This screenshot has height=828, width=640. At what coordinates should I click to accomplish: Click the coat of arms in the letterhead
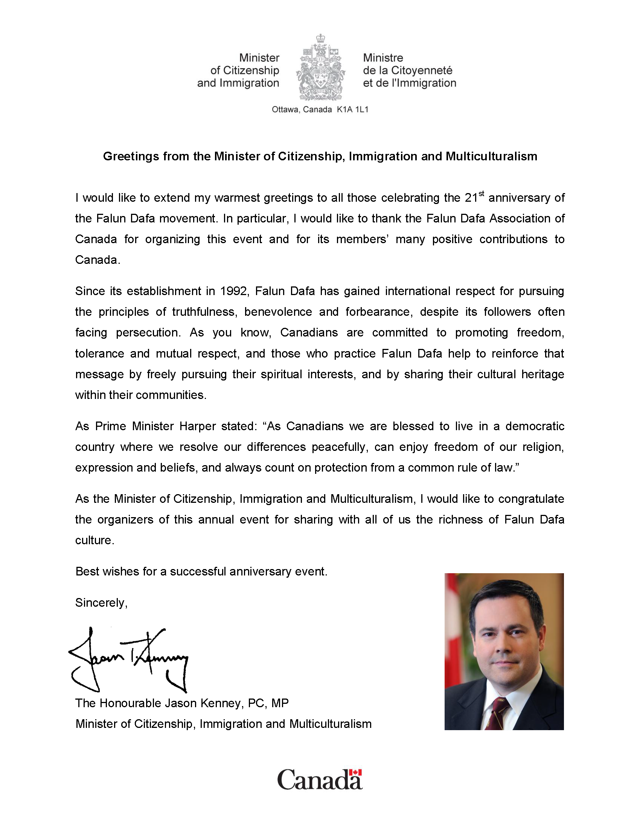point(321,68)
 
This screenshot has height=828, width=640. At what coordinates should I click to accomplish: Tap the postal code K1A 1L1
point(353,110)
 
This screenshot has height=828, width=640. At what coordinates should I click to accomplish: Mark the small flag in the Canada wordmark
point(355,773)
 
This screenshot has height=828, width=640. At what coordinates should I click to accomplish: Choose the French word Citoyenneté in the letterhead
point(422,70)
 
